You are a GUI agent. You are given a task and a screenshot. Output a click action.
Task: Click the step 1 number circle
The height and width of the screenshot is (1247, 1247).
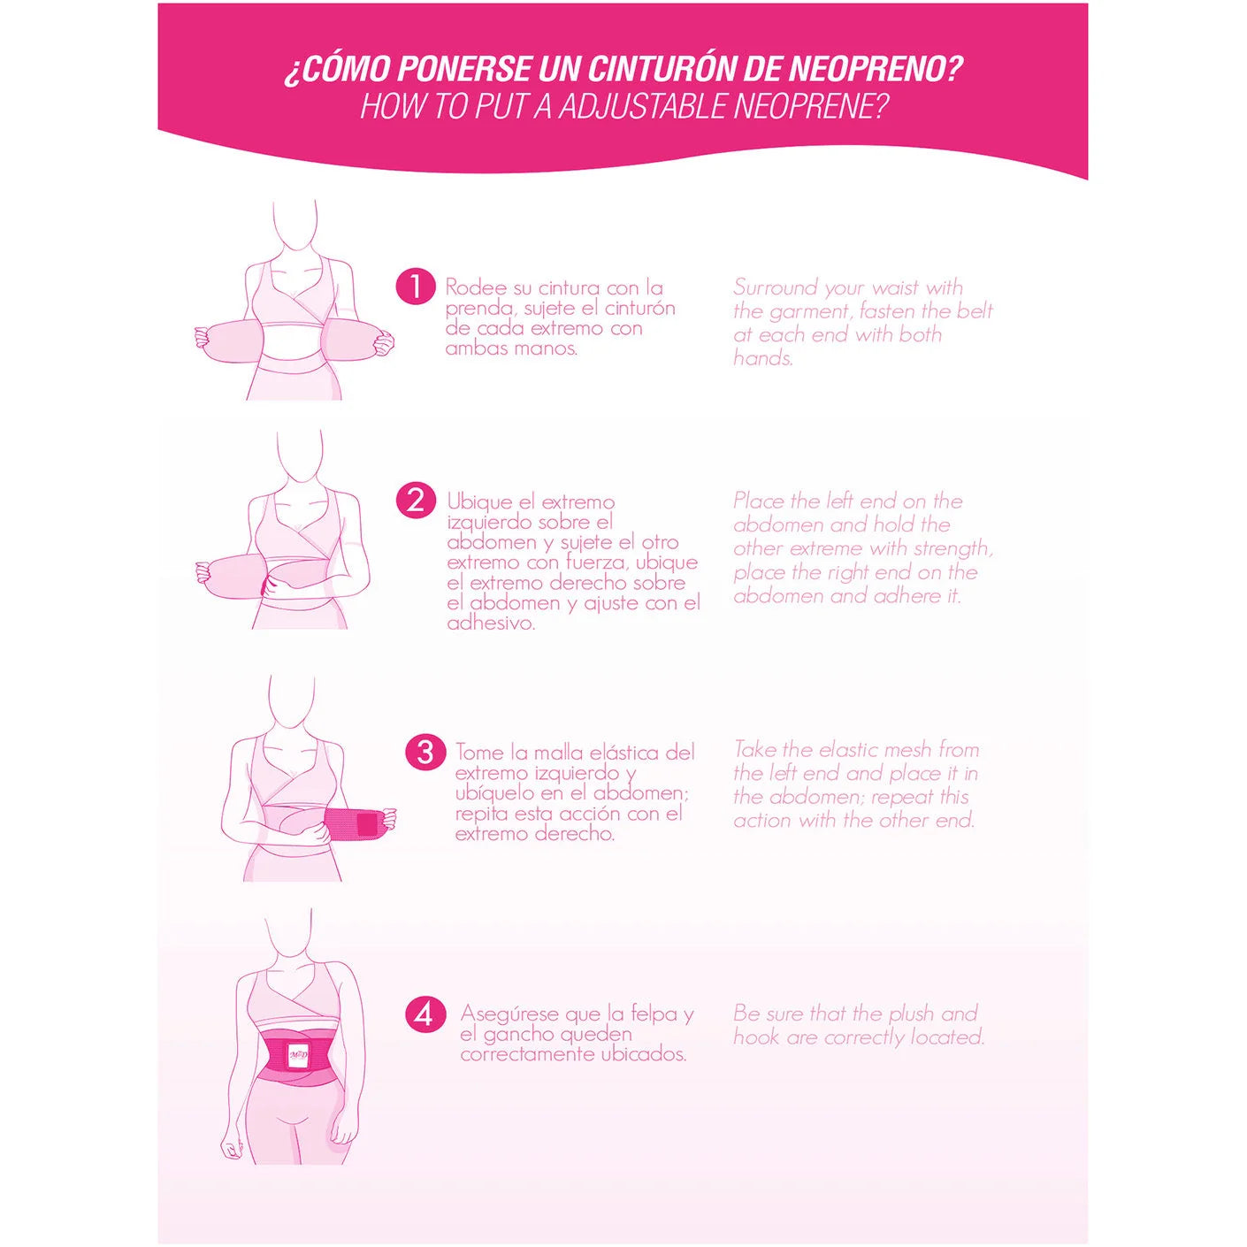415,287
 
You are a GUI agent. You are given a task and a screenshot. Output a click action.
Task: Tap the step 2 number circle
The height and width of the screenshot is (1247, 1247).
415,501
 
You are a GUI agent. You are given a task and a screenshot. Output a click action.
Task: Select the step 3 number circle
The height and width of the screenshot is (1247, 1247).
425,752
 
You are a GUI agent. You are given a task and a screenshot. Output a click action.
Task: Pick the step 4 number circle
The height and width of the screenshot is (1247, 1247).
425,1014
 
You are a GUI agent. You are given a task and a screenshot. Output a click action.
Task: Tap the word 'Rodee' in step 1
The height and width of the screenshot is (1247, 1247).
476,287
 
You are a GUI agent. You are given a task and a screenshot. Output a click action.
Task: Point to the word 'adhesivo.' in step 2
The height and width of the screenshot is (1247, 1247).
491,623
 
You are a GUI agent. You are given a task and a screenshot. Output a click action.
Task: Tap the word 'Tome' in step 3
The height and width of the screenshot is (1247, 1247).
479,753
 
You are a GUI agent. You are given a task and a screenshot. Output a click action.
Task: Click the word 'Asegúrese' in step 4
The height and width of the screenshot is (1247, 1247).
509,1014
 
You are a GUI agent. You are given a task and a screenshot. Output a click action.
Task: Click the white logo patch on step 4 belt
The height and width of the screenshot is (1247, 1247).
298,1054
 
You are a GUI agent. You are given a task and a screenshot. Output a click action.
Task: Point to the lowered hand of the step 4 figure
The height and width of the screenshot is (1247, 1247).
231,1149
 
